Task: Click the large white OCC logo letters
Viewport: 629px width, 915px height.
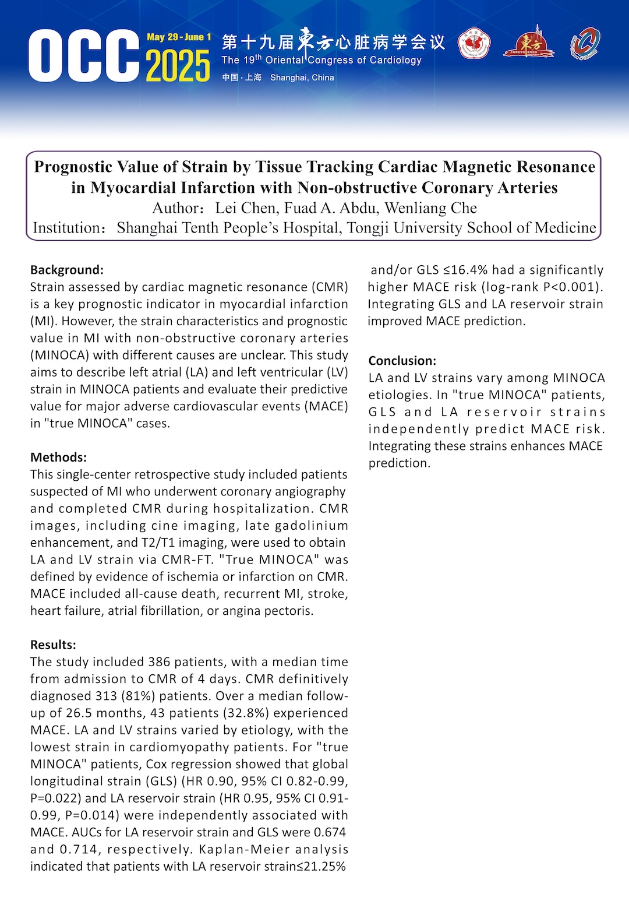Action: (x=83, y=56)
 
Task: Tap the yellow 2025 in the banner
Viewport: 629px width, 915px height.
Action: (x=178, y=66)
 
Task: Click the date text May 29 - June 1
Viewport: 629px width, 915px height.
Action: (x=179, y=37)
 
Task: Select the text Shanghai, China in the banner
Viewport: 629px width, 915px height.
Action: (x=302, y=78)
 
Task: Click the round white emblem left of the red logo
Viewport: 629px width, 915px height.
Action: (x=474, y=44)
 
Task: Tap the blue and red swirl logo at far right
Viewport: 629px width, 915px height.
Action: (x=585, y=44)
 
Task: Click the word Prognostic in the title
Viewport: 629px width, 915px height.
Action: (x=73, y=167)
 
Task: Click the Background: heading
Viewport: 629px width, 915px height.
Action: (x=67, y=270)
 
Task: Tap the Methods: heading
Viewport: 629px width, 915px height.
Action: (x=58, y=457)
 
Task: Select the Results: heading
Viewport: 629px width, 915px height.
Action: (x=53, y=645)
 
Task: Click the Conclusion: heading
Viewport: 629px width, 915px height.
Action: (x=402, y=361)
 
